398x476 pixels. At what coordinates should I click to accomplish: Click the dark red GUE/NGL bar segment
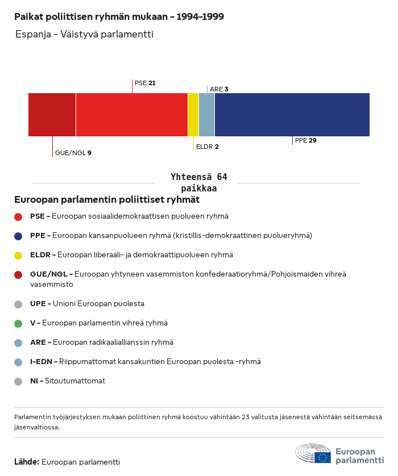tap(52, 115)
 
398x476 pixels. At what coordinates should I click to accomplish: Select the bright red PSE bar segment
tap(131, 115)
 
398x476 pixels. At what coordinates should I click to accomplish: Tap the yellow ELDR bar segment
tap(193, 115)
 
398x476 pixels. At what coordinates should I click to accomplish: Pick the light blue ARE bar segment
tap(206, 115)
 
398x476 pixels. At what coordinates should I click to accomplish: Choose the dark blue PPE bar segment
tap(292, 115)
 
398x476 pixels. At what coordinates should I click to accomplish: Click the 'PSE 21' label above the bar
tap(145, 83)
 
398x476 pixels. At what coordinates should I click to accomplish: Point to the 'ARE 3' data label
tap(219, 89)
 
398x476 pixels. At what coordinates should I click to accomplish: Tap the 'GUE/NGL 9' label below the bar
tap(73, 153)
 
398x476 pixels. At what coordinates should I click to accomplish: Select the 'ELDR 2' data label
tap(207, 147)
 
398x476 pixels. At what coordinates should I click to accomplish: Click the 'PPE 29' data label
tap(305, 140)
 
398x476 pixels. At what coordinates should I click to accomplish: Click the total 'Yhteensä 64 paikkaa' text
tap(198, 183)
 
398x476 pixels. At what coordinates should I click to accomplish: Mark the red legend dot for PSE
tap(18, 216)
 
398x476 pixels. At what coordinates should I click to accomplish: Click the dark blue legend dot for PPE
tap(18, 236)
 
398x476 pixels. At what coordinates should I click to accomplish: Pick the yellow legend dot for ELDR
tap(18, 255)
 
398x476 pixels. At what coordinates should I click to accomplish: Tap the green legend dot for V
tap(18, 323)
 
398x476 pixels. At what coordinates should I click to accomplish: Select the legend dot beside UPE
tap(18, 304)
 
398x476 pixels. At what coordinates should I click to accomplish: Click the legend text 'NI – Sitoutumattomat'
tap(67, 381)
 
